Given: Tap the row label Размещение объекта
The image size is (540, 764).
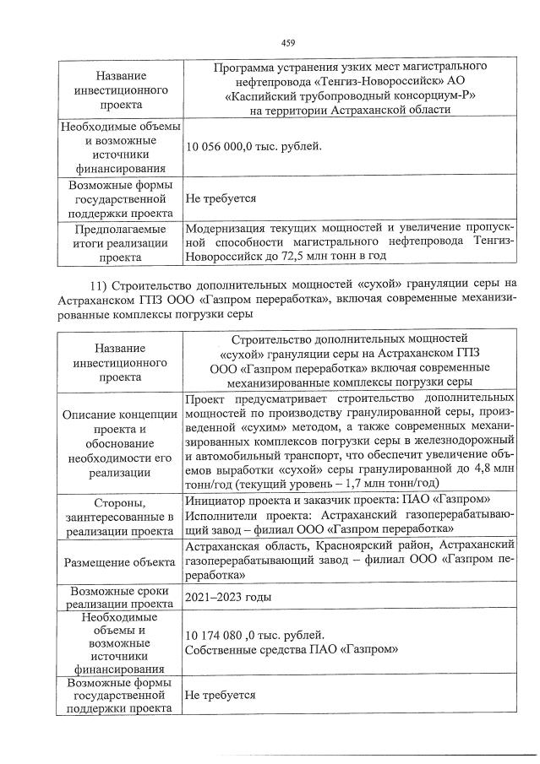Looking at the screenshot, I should point(118,561).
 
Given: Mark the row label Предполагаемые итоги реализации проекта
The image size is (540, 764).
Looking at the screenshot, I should point(119,241).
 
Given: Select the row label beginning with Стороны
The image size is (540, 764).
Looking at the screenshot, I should point(119,517).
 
